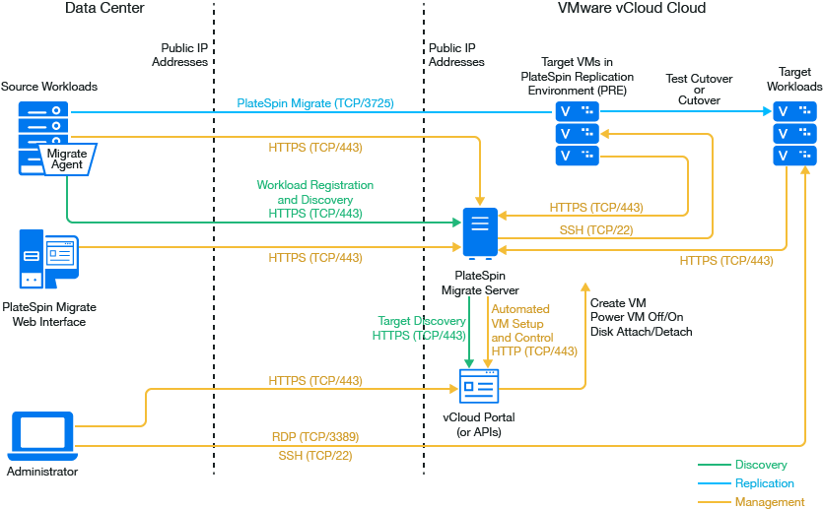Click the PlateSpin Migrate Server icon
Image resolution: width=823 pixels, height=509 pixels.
click(479, 233)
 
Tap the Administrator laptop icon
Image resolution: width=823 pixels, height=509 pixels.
click(40, 436)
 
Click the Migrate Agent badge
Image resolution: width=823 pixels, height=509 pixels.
click(67, 159)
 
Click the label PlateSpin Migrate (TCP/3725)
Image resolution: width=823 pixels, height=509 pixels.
click(315, 102)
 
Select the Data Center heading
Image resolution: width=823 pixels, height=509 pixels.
click(104, 9)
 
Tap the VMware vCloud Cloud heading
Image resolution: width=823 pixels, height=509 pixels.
click(632, 9)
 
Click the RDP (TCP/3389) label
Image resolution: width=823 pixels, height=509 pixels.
click(315, 436)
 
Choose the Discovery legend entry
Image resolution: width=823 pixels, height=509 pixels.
click(760, 465)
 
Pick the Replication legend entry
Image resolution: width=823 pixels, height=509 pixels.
click(764, 483)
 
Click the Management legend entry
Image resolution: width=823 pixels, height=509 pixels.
click(769, 502)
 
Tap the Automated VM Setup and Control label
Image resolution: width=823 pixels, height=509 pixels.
click(534, 330)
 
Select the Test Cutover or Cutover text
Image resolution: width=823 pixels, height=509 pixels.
click(700, 90)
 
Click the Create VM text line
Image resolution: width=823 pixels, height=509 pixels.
click(618, 302)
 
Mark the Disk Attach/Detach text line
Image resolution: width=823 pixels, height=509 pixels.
click(641, 332)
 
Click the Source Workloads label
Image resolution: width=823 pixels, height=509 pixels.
click(49, 87)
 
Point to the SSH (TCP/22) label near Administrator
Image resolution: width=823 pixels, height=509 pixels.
click(315, 456)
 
